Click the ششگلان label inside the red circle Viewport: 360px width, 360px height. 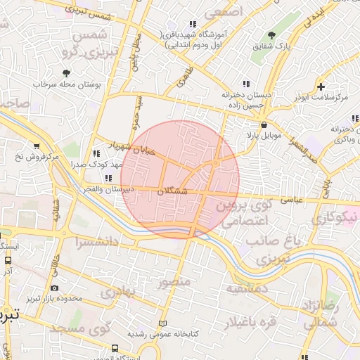[x=173, y=191]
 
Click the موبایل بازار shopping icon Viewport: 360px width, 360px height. [x=264, y=124]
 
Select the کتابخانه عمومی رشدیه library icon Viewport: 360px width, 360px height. [x=164, y=323]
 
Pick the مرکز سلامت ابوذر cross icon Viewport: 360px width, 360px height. [x=321, y=87]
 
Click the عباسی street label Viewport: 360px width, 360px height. [x=291, y=200]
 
